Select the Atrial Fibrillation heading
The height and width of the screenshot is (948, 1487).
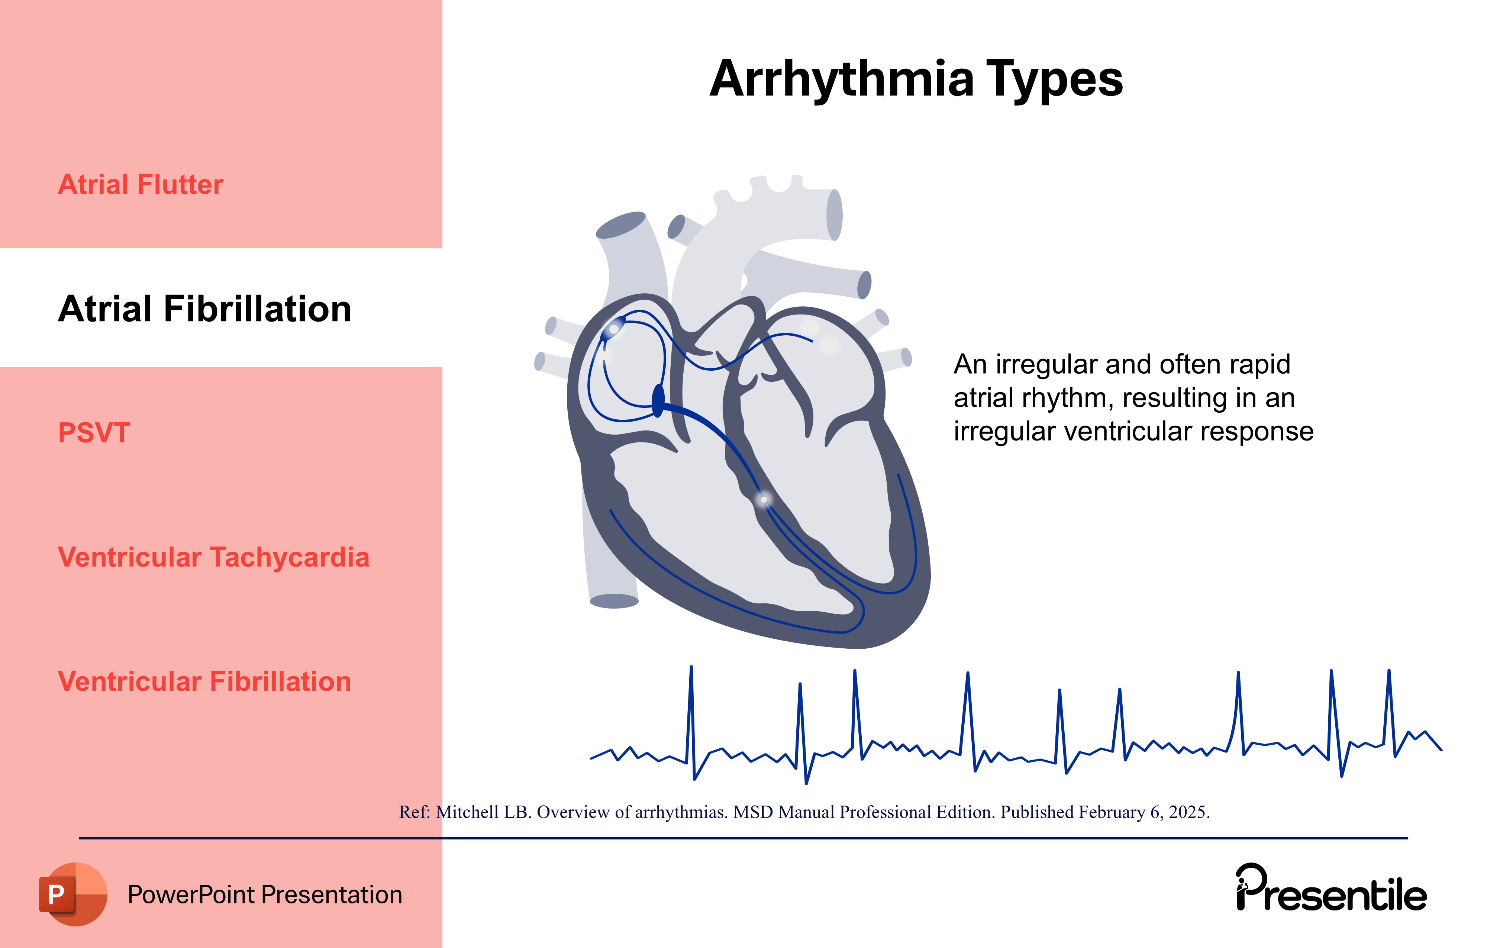tap(204, 309)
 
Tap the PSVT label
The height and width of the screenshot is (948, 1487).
tap(94, 433)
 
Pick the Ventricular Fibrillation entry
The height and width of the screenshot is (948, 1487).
tap(204, 682)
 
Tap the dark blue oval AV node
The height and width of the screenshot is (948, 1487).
tap(658, 400)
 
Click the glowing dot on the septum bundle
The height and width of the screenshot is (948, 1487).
tap(764, 499)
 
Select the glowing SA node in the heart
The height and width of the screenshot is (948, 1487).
tap(614, 329)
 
